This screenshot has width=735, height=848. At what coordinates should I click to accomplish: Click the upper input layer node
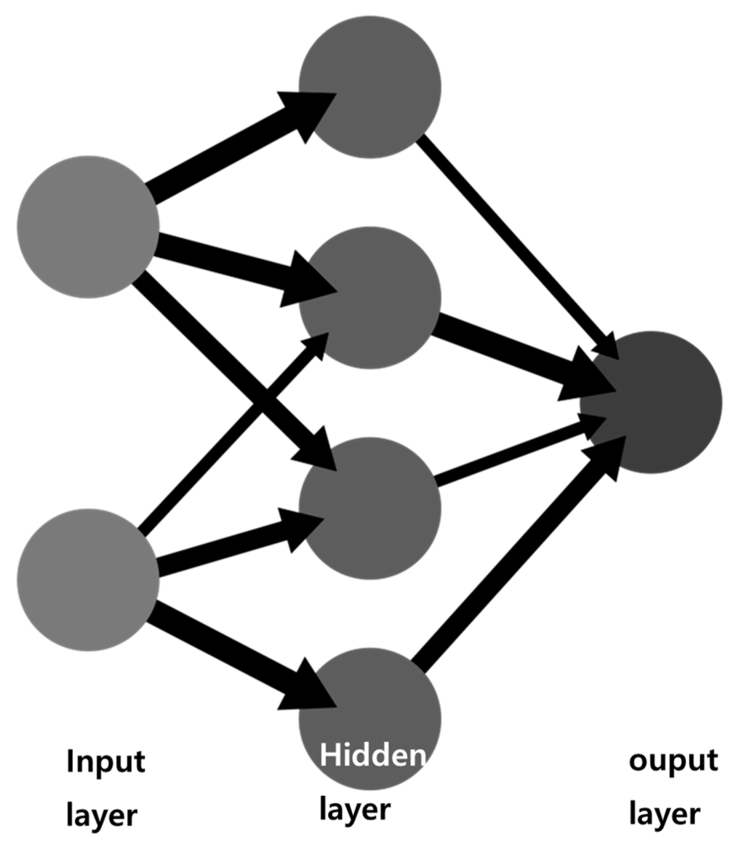(x=88, y=227)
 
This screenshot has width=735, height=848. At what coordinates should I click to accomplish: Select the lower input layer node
(x=88, y=579)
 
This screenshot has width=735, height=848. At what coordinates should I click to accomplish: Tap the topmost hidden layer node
(x=370, y=87)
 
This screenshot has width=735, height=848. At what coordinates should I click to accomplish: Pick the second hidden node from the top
(x=370, y=297)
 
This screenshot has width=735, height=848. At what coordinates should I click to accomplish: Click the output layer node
(x=651, y=402)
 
